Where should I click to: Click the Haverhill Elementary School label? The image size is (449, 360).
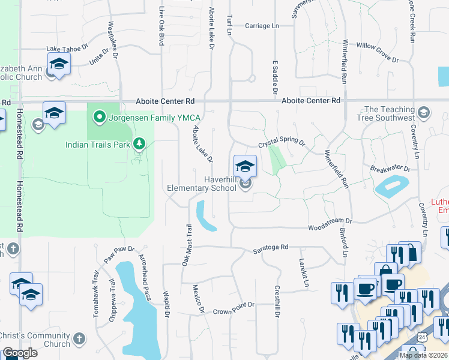203,183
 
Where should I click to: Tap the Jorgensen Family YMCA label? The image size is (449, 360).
150,117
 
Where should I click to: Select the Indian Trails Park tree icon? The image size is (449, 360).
139,143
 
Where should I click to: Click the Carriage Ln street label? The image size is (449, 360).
262,26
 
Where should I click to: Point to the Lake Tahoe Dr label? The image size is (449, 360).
67,49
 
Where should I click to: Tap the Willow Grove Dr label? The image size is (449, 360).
378,52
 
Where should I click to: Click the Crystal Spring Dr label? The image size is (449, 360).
282,144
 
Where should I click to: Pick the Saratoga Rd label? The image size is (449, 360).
270,247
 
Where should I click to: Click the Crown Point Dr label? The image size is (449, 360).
234,308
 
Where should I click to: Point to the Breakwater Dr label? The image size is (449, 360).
390,170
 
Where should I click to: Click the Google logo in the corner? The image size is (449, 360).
19,353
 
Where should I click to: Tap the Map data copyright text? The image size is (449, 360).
423,355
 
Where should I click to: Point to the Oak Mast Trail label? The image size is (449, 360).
186,245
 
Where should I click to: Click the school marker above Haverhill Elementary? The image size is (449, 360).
245,166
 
